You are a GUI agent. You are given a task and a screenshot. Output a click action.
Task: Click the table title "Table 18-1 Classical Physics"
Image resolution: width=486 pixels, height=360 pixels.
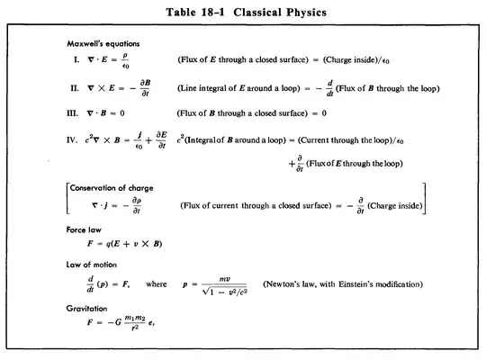tap(242, 12)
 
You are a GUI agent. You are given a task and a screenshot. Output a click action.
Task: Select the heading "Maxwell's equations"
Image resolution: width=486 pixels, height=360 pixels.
tap(103, 44)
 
